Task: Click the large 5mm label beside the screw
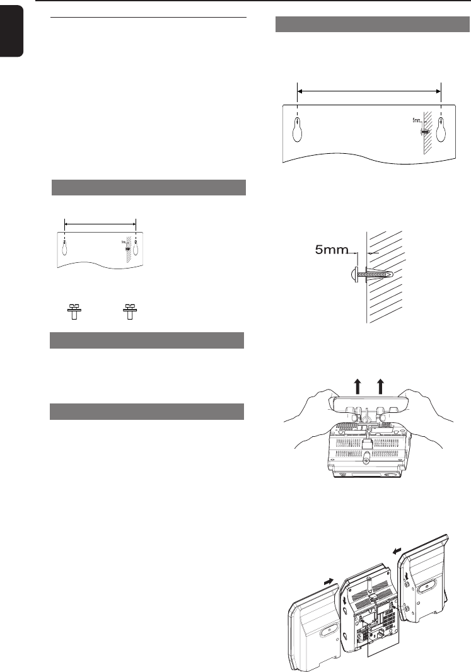pyautogui.click(x=332, y=250)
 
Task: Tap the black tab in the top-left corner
pyautogui.click(x=12, y=32)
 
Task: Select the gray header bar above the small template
pyautogui.click(x=148, y=188)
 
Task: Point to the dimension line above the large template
pyautogui.click(x=369, y=91)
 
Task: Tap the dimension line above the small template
pyautogui.click(x=100, y=222)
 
